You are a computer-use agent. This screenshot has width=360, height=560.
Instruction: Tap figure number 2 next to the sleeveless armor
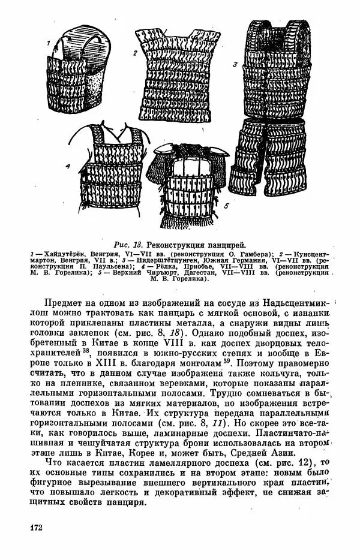coord(136,53)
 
